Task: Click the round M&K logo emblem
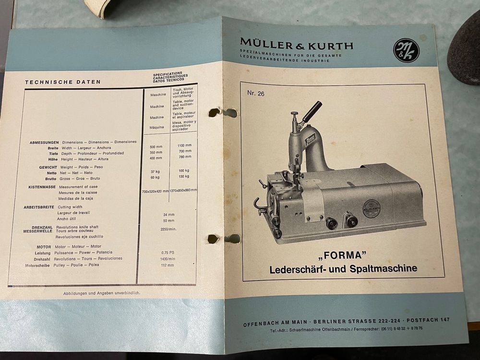coord(406,49)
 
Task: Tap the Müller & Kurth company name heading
coord(297,46)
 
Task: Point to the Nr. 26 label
coord(256,94)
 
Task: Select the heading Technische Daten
coord(63,82)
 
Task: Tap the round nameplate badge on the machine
coord(371,209)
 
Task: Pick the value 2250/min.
coord(168,229)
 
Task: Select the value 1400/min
coord(168,258)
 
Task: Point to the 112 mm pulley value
coord(168,265)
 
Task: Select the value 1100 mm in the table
coord(184,145)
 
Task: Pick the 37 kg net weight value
coord(155,171)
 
